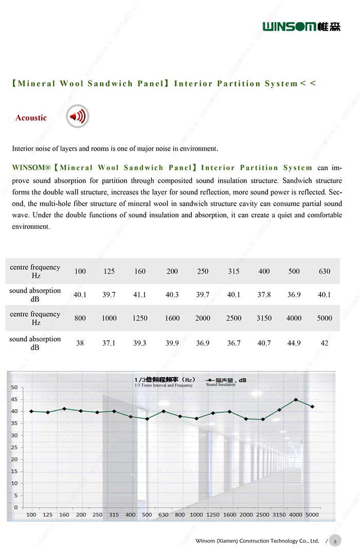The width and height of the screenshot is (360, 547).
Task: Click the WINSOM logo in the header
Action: pyautogui.click(x=301, y=26)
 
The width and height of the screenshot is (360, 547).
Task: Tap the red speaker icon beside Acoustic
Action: pyautogui.click(x=78, y=117)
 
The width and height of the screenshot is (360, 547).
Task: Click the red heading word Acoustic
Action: pyautogui.click(x=31, y=118)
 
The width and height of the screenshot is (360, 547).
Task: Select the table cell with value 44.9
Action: pyautogui.click(x=294, y=343)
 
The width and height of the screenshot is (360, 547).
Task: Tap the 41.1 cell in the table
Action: pyautogui.click(x=139, y=295)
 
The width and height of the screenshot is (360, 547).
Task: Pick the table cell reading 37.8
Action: pyautogui.click(x=264, y=295)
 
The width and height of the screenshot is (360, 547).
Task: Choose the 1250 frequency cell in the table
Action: pyautogui.click(x=139, y=318)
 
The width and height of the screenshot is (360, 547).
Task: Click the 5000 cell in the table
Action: pyautogui.click(x=324, y=318)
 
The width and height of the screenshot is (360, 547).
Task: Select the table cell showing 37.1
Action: pyautogui.click(x=109, y=343)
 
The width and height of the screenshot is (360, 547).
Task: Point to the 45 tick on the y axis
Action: pyautogui.click(x=14, y=399)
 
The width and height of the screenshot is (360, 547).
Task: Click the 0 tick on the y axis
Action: pyautogui.click(x=16, y=507)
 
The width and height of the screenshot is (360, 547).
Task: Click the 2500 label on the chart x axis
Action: pyautogui.click(x=263, y=515)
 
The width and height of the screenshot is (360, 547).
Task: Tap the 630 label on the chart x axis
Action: pyautogui.click(x=163, y=515)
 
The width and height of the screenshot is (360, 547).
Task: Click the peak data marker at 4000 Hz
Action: pyautogui.click(x=296, y=399)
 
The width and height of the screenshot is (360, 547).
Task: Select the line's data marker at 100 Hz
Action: pyautogui.click(x=31, y=411)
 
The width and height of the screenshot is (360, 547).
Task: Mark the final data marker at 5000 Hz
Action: pyautogui.click(x=312, y=407)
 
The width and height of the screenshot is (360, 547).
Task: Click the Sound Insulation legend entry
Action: pyautogui.click(x=226, y=382)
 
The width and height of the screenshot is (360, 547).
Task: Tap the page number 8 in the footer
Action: pyautogui.click(x=334, y=541)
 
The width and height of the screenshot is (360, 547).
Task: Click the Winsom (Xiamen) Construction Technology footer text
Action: pyautogui.click(x=257, y=541)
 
